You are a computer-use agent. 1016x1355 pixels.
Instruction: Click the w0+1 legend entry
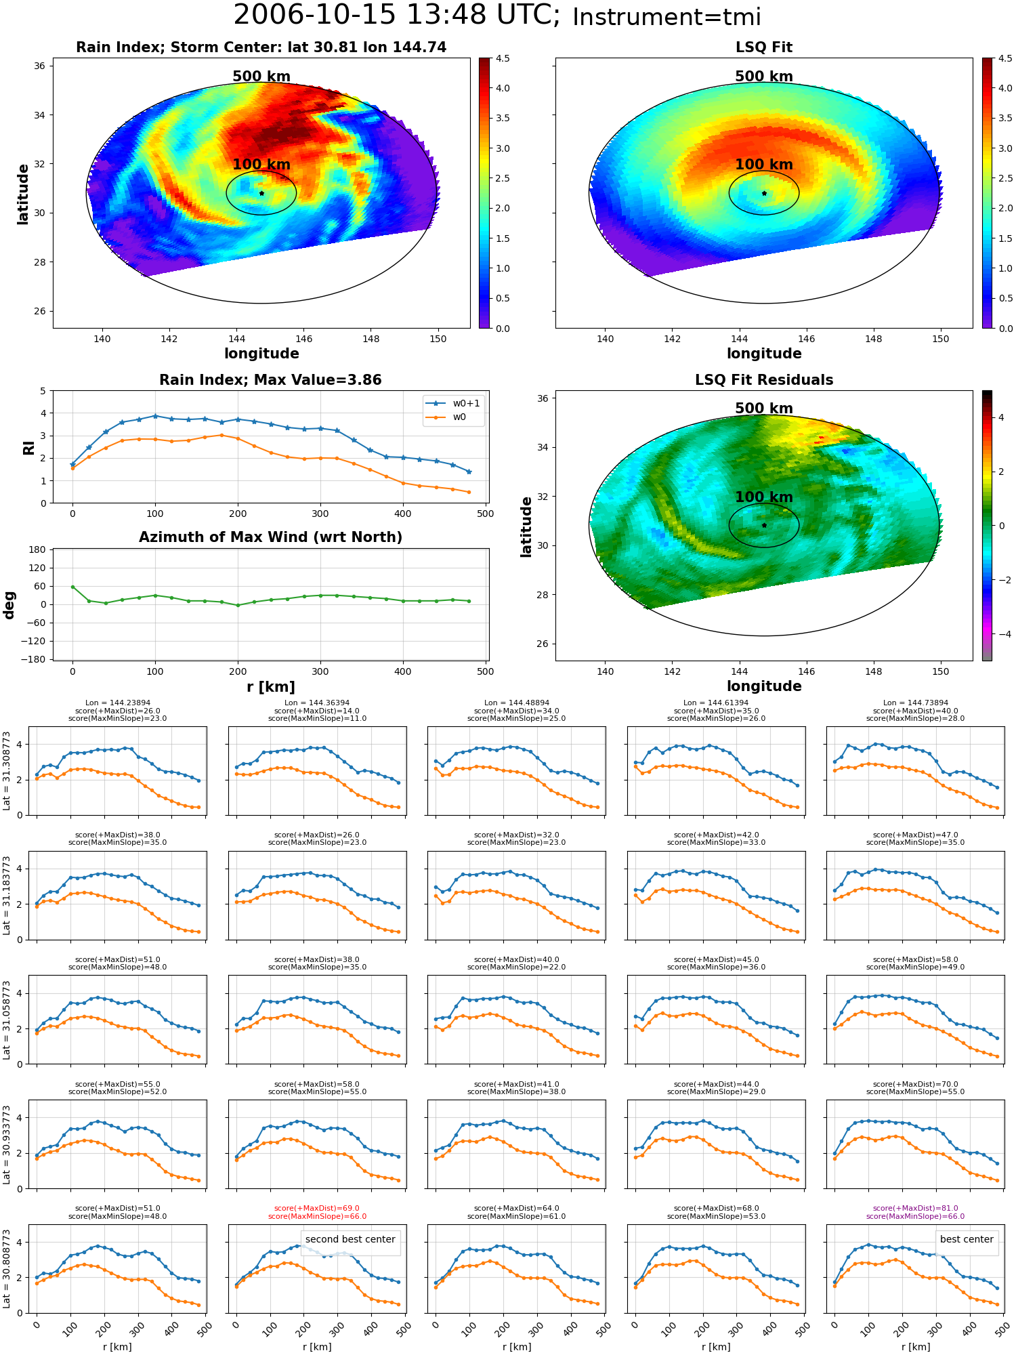[453, 404]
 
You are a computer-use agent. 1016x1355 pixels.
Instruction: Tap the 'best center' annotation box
[967, 1239]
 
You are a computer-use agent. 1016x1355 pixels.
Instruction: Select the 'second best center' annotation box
[350, 1239]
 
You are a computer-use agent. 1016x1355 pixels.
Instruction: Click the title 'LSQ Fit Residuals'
[764, 380]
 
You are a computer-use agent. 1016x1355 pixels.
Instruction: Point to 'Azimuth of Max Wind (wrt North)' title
[270, 537]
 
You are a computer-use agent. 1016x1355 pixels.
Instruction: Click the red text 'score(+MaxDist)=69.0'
[317, 1209]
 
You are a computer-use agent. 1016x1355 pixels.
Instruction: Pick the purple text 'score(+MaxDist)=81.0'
[915, 1209]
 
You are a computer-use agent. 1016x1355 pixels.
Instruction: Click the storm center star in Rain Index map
[261, 193]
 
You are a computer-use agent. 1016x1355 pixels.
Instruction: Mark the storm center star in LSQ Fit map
[764, 193]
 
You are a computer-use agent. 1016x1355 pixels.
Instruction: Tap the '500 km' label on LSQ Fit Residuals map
[764, 409]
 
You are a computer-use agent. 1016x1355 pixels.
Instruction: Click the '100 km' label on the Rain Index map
[261, 165]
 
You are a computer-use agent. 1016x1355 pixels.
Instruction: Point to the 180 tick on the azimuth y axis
[37, 549]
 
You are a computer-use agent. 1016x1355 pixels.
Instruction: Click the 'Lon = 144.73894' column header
[915, 703]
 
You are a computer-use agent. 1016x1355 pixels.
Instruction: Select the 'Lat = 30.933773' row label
[7, 1145]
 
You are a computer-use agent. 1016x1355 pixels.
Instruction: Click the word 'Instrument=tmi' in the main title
[666, 18]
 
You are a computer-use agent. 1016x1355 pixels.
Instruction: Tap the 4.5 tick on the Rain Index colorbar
[503, 58]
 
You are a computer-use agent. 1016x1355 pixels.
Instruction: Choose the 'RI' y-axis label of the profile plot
[28, 447]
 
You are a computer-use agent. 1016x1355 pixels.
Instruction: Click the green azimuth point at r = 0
[72, 587]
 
